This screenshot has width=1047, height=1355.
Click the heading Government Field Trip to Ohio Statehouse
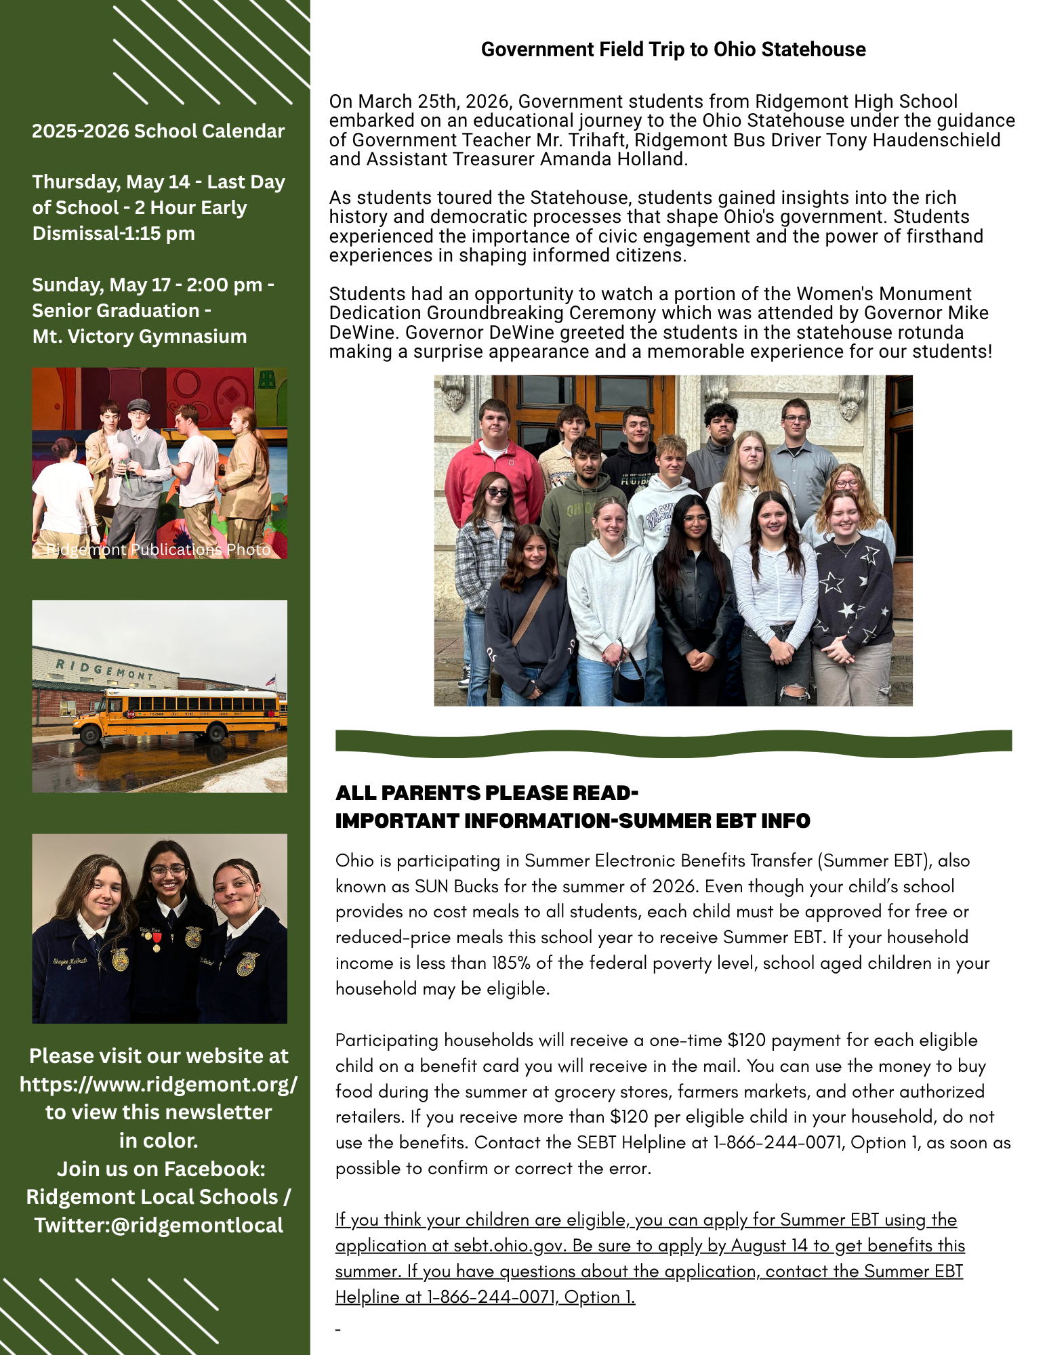[673, 49]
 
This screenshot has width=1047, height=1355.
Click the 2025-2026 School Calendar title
[158, 131]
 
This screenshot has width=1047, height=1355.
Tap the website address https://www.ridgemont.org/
[158, 1084]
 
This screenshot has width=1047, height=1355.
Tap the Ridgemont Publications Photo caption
[158, 549]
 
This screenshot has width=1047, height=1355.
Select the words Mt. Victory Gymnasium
[140, 337]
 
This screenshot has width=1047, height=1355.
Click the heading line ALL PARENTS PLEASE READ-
[487, 793]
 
